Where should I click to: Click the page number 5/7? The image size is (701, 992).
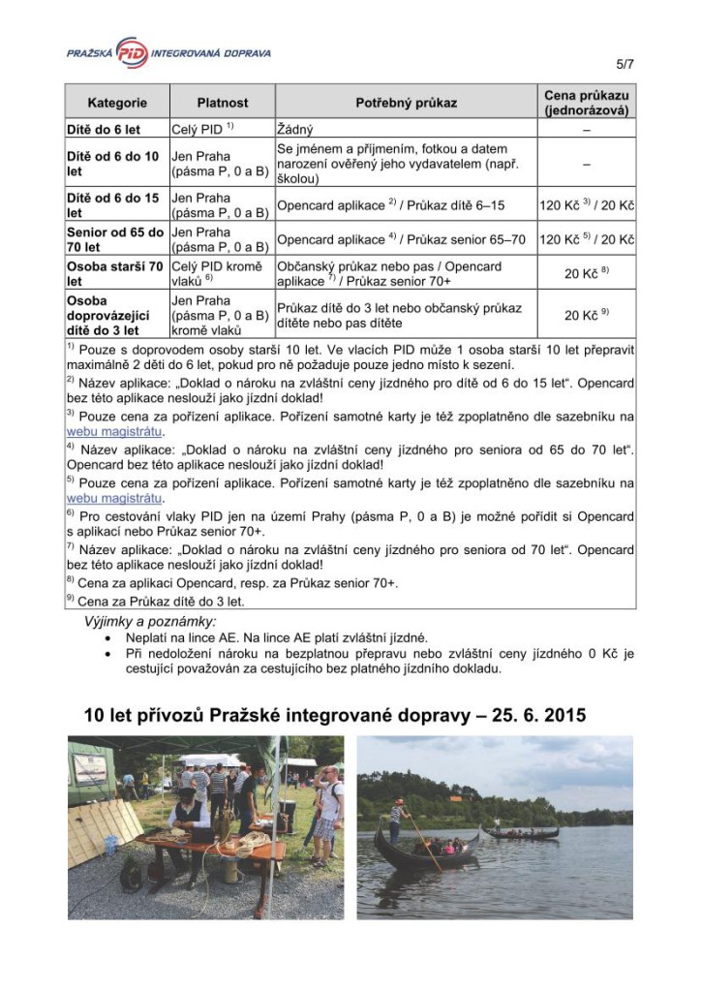[624, 65]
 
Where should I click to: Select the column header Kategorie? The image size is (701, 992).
[117, 103]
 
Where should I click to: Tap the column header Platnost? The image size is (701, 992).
[222, 103]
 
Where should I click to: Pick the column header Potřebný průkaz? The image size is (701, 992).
[406, 103]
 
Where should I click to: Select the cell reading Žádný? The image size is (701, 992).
[294, 128]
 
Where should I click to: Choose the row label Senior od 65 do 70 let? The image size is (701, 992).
[116, 239]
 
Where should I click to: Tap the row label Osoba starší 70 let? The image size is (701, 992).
[116, 273]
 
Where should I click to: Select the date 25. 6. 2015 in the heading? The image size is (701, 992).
[530, 716]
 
